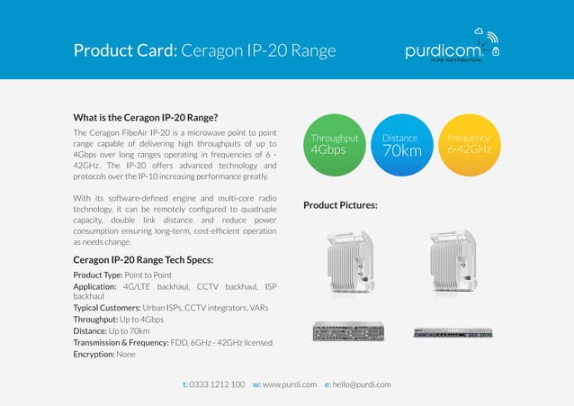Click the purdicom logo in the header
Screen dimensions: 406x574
pyautogui.click(x=450, y=50)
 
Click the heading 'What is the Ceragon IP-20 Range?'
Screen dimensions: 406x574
pyautogui.click(x=146, y=117)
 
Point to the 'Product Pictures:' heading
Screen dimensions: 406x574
pyautogui.click(x=340, y=205)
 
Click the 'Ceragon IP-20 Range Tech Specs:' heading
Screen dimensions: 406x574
pyautogui.click(x=143, y=261)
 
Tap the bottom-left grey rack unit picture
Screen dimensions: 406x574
pyautogui.click(x=347, y=331)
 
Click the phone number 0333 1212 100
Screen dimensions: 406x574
pyautogui.click(x=217, y=384)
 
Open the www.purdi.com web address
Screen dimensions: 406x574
pyautogui.click(x=289, y=384)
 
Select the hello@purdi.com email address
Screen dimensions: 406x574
pyautogui.click(x=362, y=384)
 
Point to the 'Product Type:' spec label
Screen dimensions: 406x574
pyautogui.click(x=97, y=275)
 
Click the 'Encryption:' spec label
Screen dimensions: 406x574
pyautogui.click(x=94, y=354)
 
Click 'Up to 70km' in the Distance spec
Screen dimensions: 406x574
pyautogui.click(x=137, y=330)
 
